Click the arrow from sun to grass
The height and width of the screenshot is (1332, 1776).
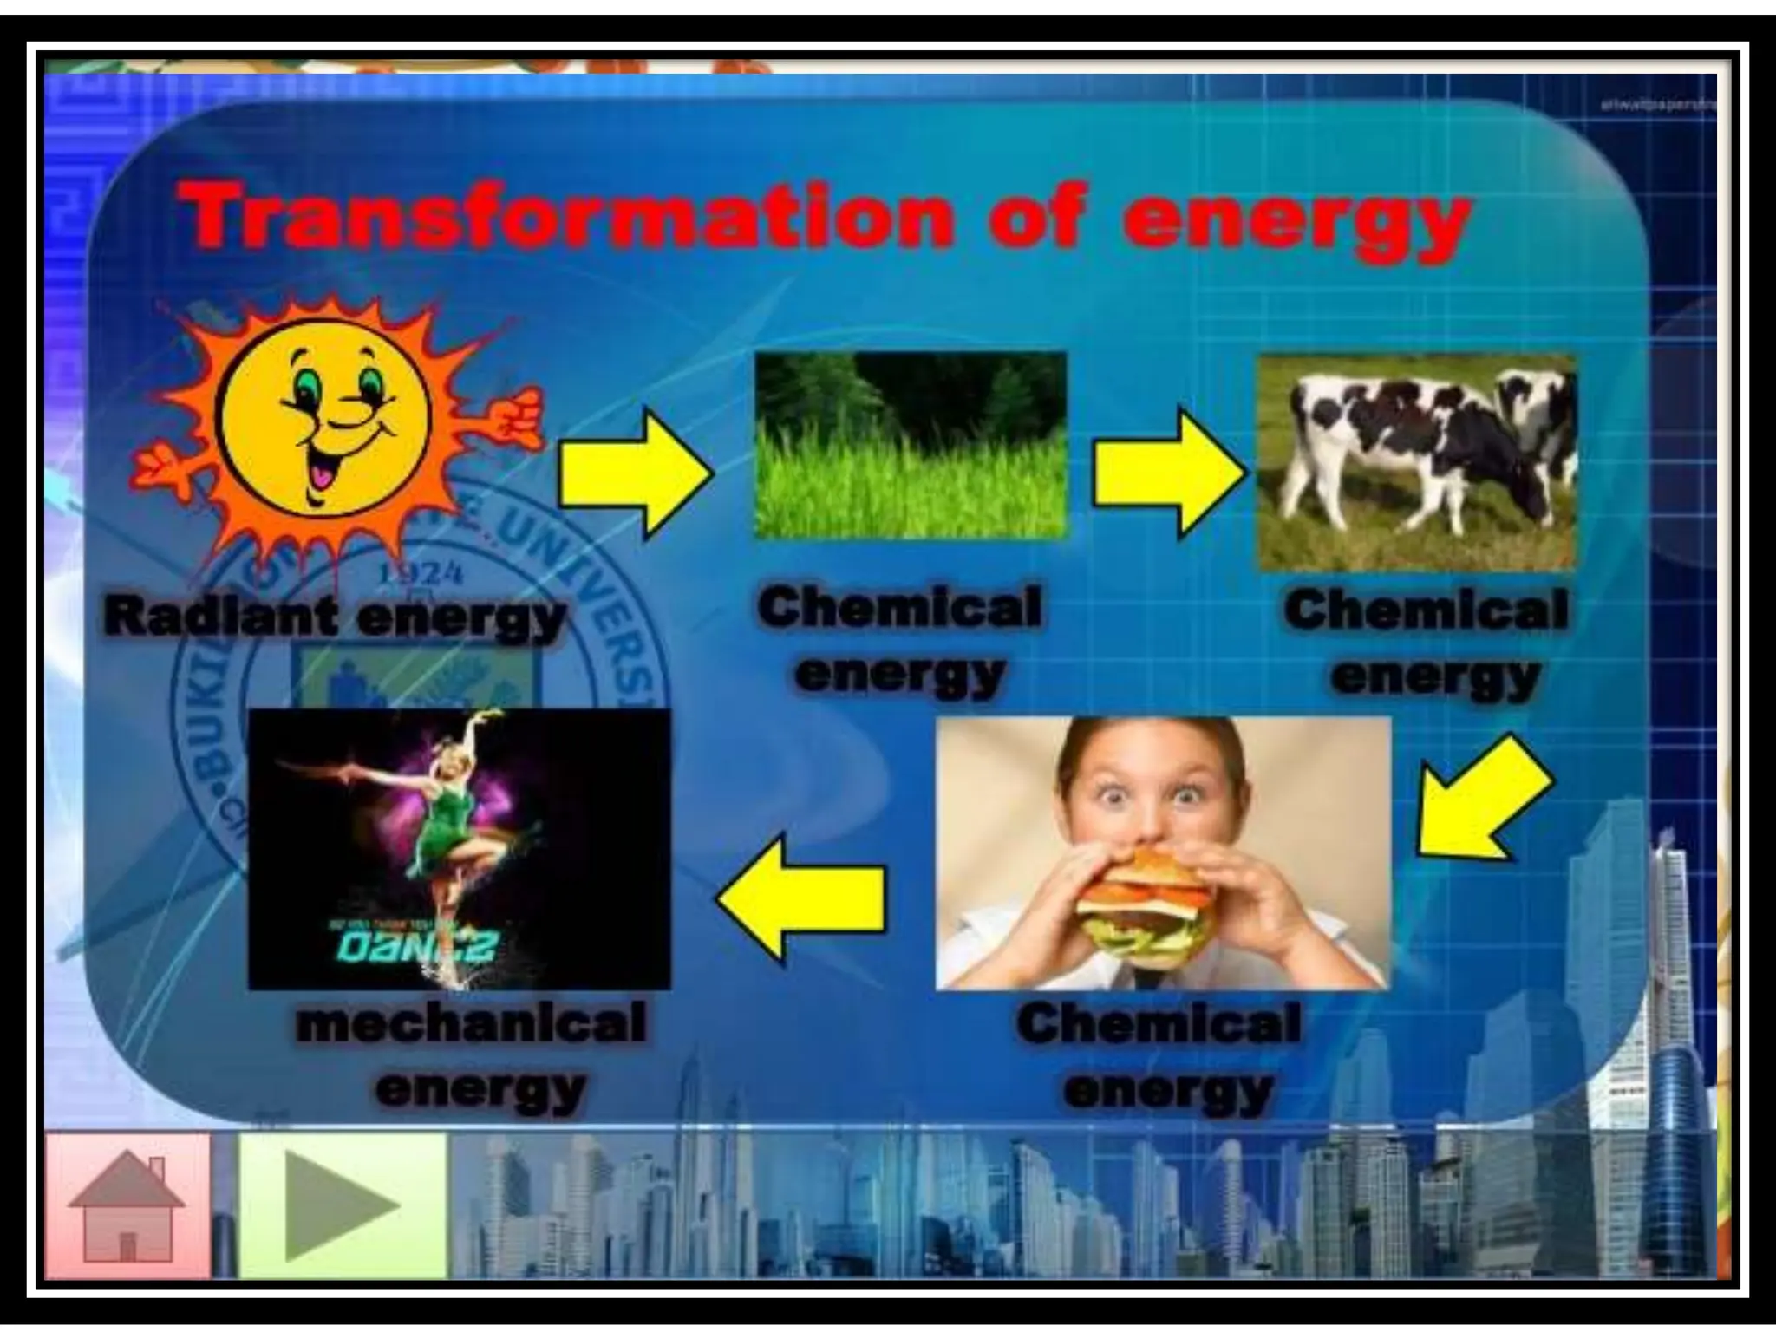[x=636, y=474]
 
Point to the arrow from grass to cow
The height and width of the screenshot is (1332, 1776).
[x=1167, y=474]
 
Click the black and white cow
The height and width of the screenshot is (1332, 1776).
[x=1422, y=451]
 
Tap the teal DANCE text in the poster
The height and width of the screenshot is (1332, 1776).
[x=417, y=948]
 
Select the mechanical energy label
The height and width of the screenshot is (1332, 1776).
[x=473, y=1056]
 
